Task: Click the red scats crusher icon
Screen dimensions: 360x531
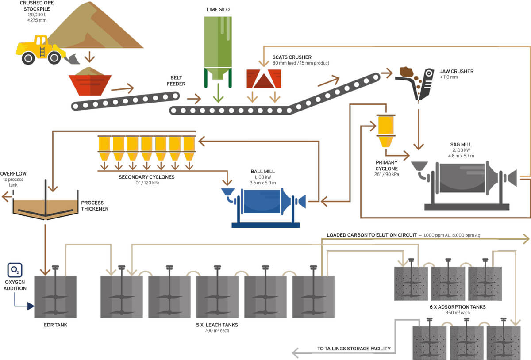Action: [x=264, y=79]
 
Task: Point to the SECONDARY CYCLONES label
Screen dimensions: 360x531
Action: [x=146, y=177]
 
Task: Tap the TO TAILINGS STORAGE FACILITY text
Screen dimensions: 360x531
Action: [x=354, y=349]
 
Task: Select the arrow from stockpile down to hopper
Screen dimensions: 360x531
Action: [x=90, y=57]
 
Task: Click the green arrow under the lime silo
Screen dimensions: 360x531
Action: [x=216, y=95]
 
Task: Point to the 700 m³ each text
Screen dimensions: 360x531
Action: [x=217, y=330]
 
